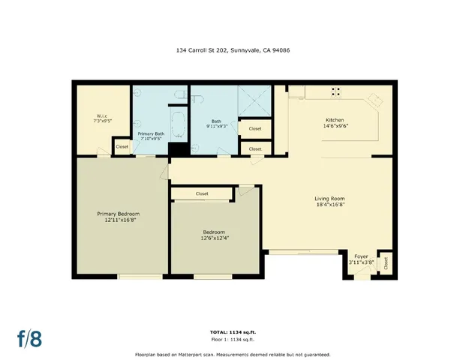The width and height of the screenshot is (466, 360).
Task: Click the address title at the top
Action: click(x=233, y=51)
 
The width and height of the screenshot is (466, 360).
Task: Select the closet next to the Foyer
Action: click(x=386, y=262)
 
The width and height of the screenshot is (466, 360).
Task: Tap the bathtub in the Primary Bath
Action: click(x=177, y=124)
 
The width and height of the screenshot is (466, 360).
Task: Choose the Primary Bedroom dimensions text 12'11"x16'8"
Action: click(x=118, y=220)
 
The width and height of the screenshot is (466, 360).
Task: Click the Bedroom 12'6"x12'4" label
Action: click(x=214, y=235)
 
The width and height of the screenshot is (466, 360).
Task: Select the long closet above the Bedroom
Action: click(x=202, y=193)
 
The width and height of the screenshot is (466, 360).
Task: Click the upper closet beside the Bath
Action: click(x=255, y=129)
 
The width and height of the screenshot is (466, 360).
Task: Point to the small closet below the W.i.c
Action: click(x=122, y=146)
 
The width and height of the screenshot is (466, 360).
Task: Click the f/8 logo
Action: click(x=29, y=337)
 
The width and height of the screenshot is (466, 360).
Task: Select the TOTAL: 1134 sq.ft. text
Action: click(x=233, y=331)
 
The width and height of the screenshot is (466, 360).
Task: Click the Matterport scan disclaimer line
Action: click(x=233, y=354)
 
